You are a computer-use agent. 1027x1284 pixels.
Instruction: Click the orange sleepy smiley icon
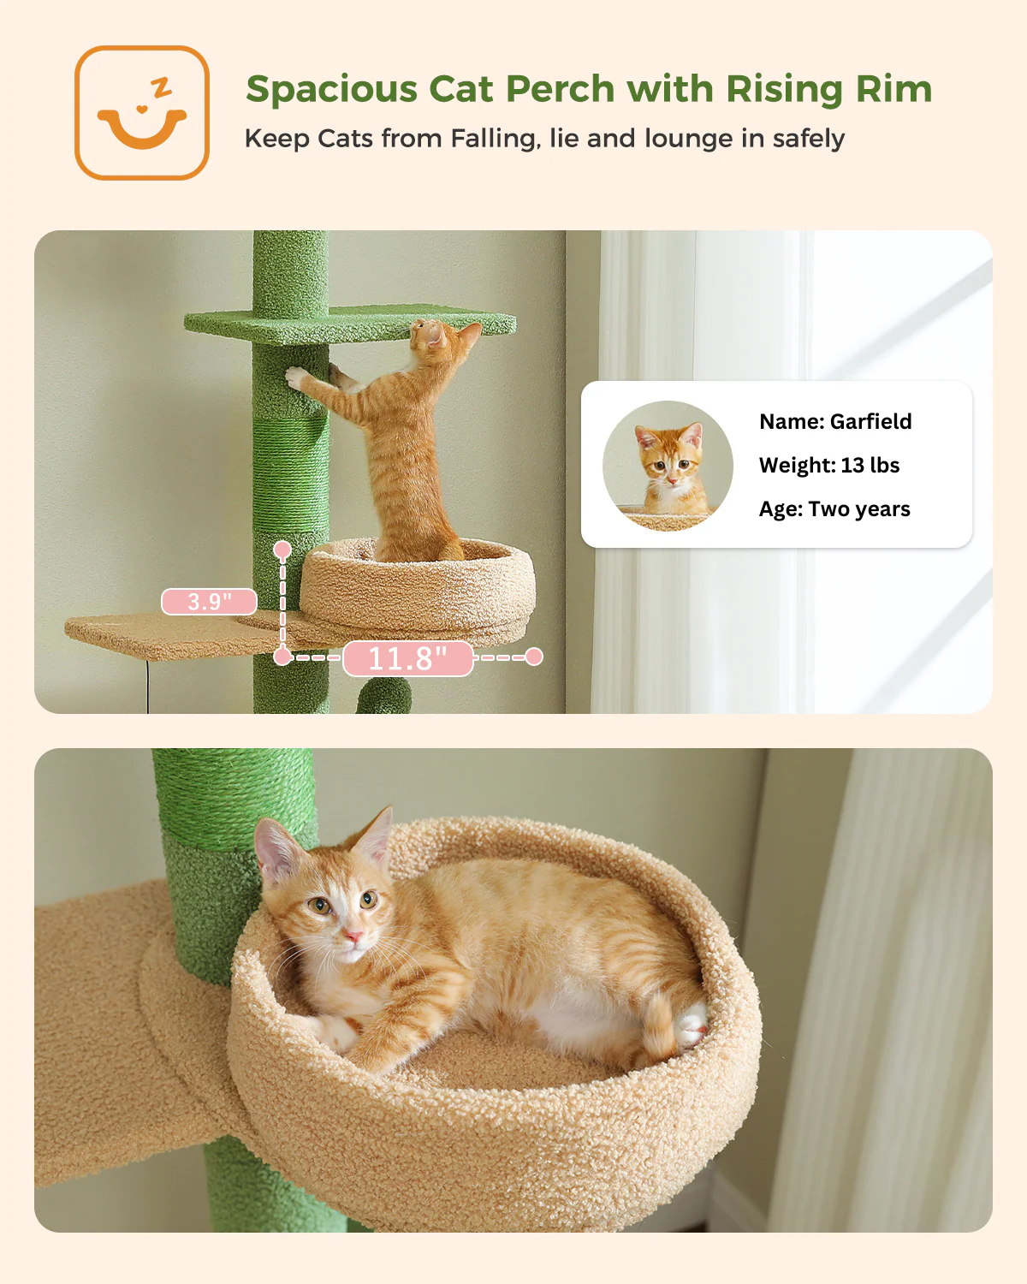[x=141, y=113]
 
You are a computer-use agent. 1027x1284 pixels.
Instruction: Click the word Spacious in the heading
[x=332, y=90]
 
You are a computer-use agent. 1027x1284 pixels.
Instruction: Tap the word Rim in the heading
[x=894, y=90]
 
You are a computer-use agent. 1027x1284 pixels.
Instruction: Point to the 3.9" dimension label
[x=209, y=601]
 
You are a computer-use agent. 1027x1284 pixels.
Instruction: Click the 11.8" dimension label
[x=408, y=658]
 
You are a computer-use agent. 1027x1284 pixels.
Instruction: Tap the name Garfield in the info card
[x=870, y=421]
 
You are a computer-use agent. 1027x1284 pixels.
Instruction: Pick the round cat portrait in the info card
[x=668, y=466]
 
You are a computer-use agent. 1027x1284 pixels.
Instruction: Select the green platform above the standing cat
[x=350, y=323]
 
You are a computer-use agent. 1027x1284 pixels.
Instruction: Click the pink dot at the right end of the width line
[x=534, y=657]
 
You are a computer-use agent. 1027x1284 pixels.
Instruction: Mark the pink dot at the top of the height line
[x=282, y=550]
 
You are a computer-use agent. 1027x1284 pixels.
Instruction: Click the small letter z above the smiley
[x=161, y=87]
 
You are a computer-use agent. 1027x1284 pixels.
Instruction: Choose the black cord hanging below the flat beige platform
[x=147, y=687]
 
